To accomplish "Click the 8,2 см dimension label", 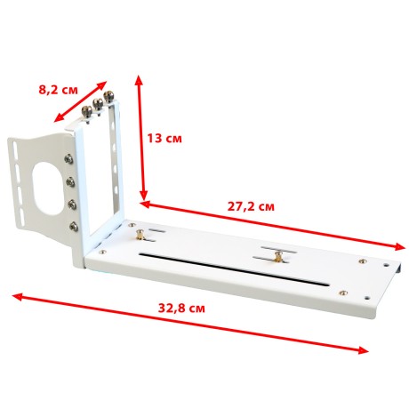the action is click(58, 90).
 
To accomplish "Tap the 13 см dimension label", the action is click(164, 138).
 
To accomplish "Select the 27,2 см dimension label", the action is click(251, 206).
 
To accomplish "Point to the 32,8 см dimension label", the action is click(181, 309).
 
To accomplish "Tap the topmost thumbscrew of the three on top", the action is click(108, 96).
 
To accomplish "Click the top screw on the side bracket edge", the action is click(68, 159).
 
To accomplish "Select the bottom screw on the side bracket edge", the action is click(74, 227).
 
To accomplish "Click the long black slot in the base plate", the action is click(234, 269).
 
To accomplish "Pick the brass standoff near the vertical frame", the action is click(140, 235).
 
